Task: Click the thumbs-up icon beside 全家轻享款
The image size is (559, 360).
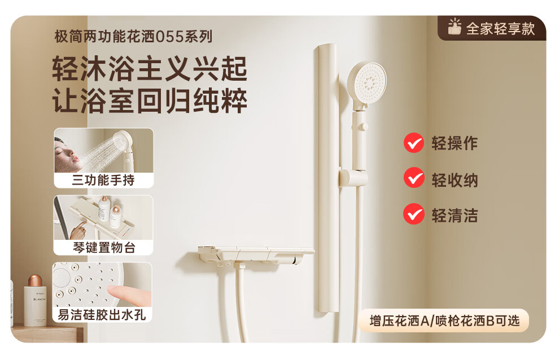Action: click(455, 27)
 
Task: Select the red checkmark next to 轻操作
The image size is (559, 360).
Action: click(413, 143)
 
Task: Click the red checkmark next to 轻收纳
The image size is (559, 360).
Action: click(413, 178)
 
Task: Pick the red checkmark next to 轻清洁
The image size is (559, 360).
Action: click(413, 214)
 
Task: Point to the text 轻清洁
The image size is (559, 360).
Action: click(455, 216)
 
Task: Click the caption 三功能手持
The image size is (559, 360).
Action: click(103, 180)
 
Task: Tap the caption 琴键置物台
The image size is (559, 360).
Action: click(104, 247)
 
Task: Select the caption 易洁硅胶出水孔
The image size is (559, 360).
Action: click(102, 315)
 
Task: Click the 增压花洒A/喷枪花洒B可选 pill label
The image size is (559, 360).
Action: click(444, 321)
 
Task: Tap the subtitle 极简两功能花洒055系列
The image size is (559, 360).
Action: click(133, 36)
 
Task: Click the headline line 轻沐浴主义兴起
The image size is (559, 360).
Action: click(150, 68)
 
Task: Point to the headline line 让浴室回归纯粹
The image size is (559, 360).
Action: click(150, 100)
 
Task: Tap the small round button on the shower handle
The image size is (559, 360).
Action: click(364, 126)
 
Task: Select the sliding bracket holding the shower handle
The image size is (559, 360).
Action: click(353, 177)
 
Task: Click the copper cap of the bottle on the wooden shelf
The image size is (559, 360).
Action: click(35, 280)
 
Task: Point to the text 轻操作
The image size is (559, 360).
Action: click(455, 143)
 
